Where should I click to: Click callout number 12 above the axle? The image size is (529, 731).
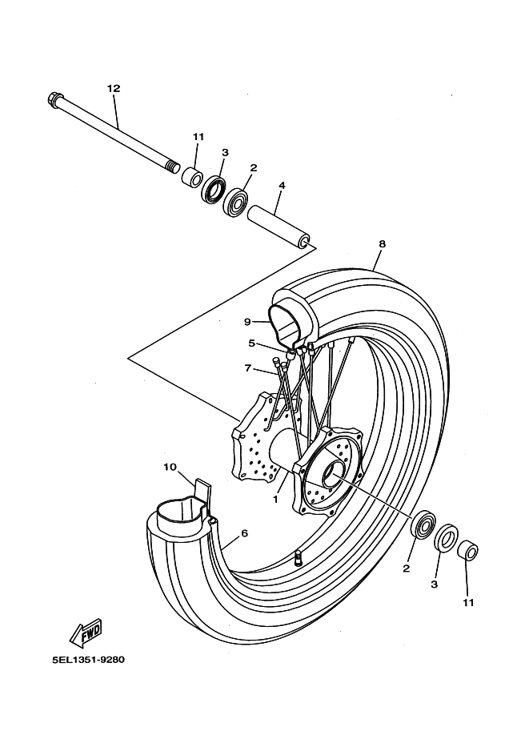point(113,88)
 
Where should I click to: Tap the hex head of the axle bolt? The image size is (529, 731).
point(55,101)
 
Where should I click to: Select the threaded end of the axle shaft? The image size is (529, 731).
point(172,167)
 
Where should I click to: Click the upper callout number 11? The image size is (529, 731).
point(198,137)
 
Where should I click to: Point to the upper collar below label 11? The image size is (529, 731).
point(190,176)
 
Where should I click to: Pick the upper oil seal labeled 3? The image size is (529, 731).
point(213,189)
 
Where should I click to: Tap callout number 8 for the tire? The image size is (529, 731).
point(382,243)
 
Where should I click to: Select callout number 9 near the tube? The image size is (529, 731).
point(248,322)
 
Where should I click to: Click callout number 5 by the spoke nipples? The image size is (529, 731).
point(251,343)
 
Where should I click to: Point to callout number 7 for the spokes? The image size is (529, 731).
point(249,369)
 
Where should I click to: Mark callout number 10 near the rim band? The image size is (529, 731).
point(170,466)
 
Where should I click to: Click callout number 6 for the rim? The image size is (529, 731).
point(244,532)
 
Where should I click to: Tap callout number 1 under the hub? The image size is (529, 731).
point(275,498)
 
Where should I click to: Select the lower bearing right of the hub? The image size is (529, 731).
point(423,525)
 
